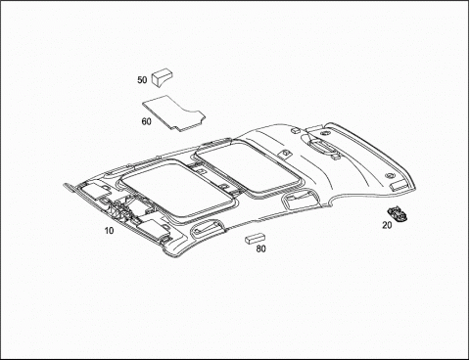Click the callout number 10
tap(109, 231)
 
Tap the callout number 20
tap(387, 225)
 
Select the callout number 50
tap(142, 80)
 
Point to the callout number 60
tap(147, 121)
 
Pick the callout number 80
tap(260, 248)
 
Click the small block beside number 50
tap(162, 77)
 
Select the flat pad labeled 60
tap(173, 112)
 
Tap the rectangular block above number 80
tap(255, 239)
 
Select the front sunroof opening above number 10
tap(178, 191)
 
